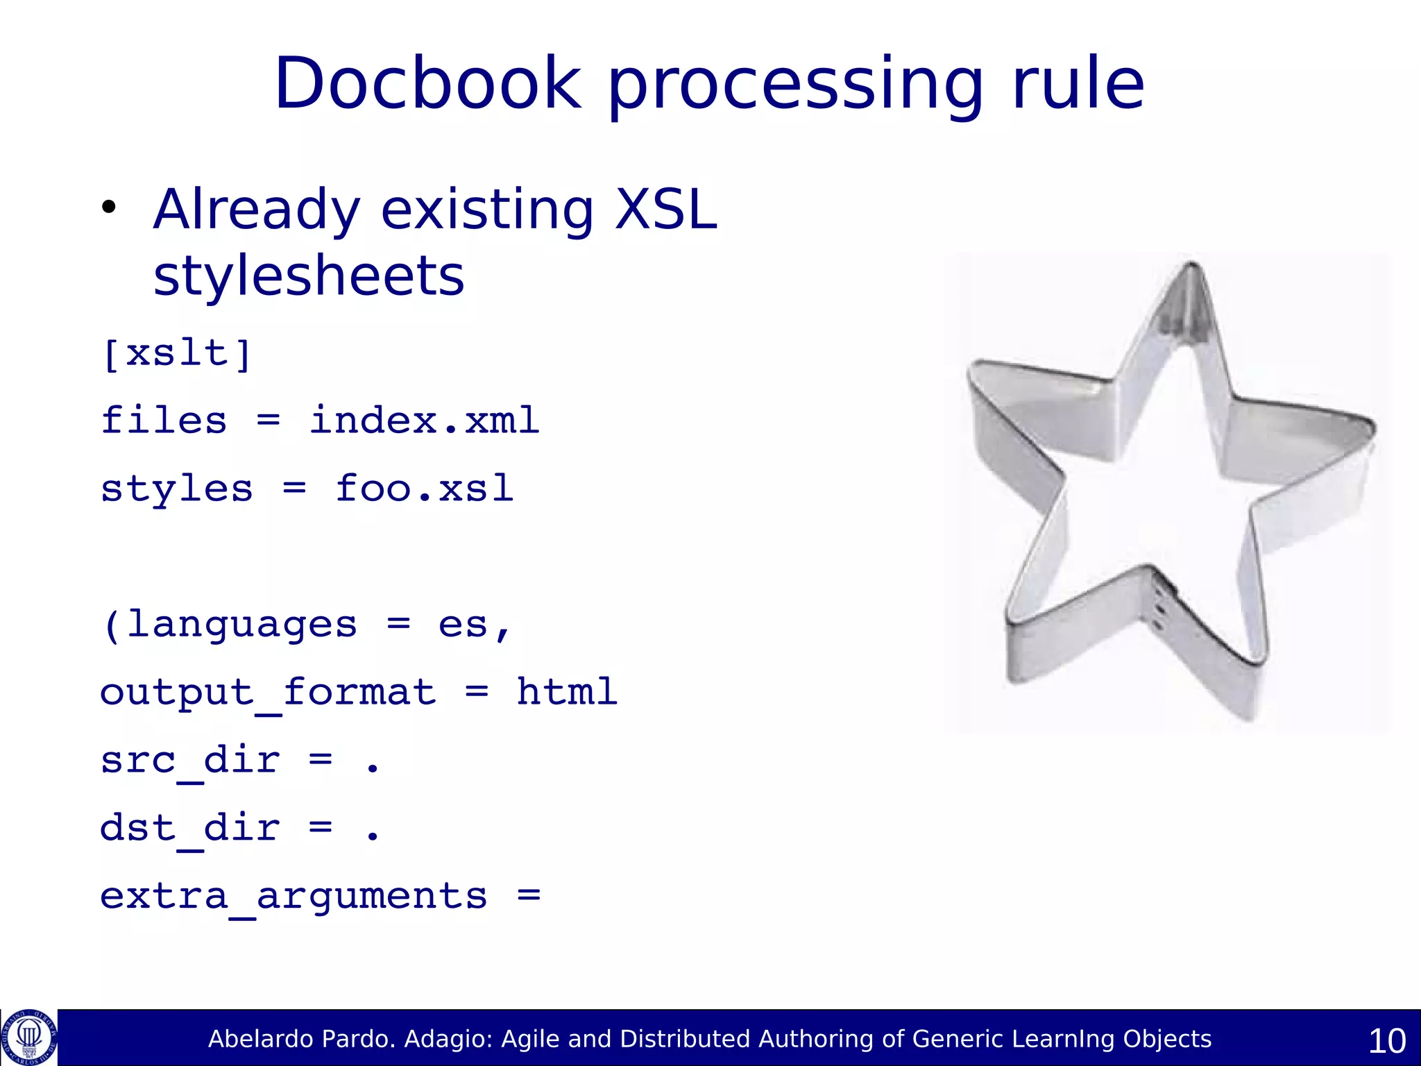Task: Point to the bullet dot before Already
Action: click(x=108, y=208)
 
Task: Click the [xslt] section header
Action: click(x=176, y=353)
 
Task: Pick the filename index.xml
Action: click(x=424, y=421)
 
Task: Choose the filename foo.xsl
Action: click(x=424, y=488)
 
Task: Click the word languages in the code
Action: click(x=241, y=624)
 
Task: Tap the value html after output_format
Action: click(x=566, y=692)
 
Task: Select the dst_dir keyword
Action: click(x=190, y=828)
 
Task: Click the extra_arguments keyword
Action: click(x=293, y=896)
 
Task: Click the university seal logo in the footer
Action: click(x=29, y=1037)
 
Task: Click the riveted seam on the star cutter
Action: click(x=1157, y=608)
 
